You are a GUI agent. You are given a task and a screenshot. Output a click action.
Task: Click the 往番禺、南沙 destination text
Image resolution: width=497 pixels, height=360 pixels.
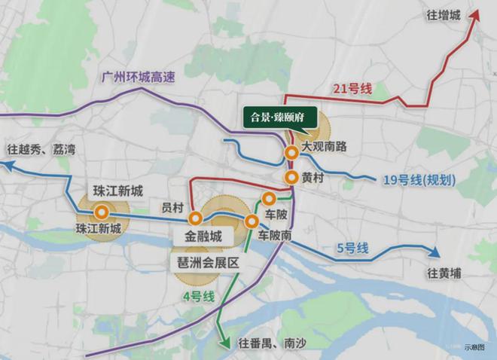coord(265,344)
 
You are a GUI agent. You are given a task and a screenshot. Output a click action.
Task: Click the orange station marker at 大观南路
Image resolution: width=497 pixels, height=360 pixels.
coord(291,153)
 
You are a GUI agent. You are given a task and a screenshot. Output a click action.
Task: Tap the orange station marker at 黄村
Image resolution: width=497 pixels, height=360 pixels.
coord(291,177)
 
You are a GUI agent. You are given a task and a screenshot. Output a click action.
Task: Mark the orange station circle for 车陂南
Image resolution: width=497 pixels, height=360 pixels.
coord(252,221)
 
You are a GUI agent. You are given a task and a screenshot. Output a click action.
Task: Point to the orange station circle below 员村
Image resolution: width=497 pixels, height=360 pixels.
coord(195,218)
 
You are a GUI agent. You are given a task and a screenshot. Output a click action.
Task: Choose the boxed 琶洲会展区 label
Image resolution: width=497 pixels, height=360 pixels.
coord(207,263)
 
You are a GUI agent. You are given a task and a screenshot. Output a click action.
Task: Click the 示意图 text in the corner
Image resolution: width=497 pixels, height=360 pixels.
coord(475,348)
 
